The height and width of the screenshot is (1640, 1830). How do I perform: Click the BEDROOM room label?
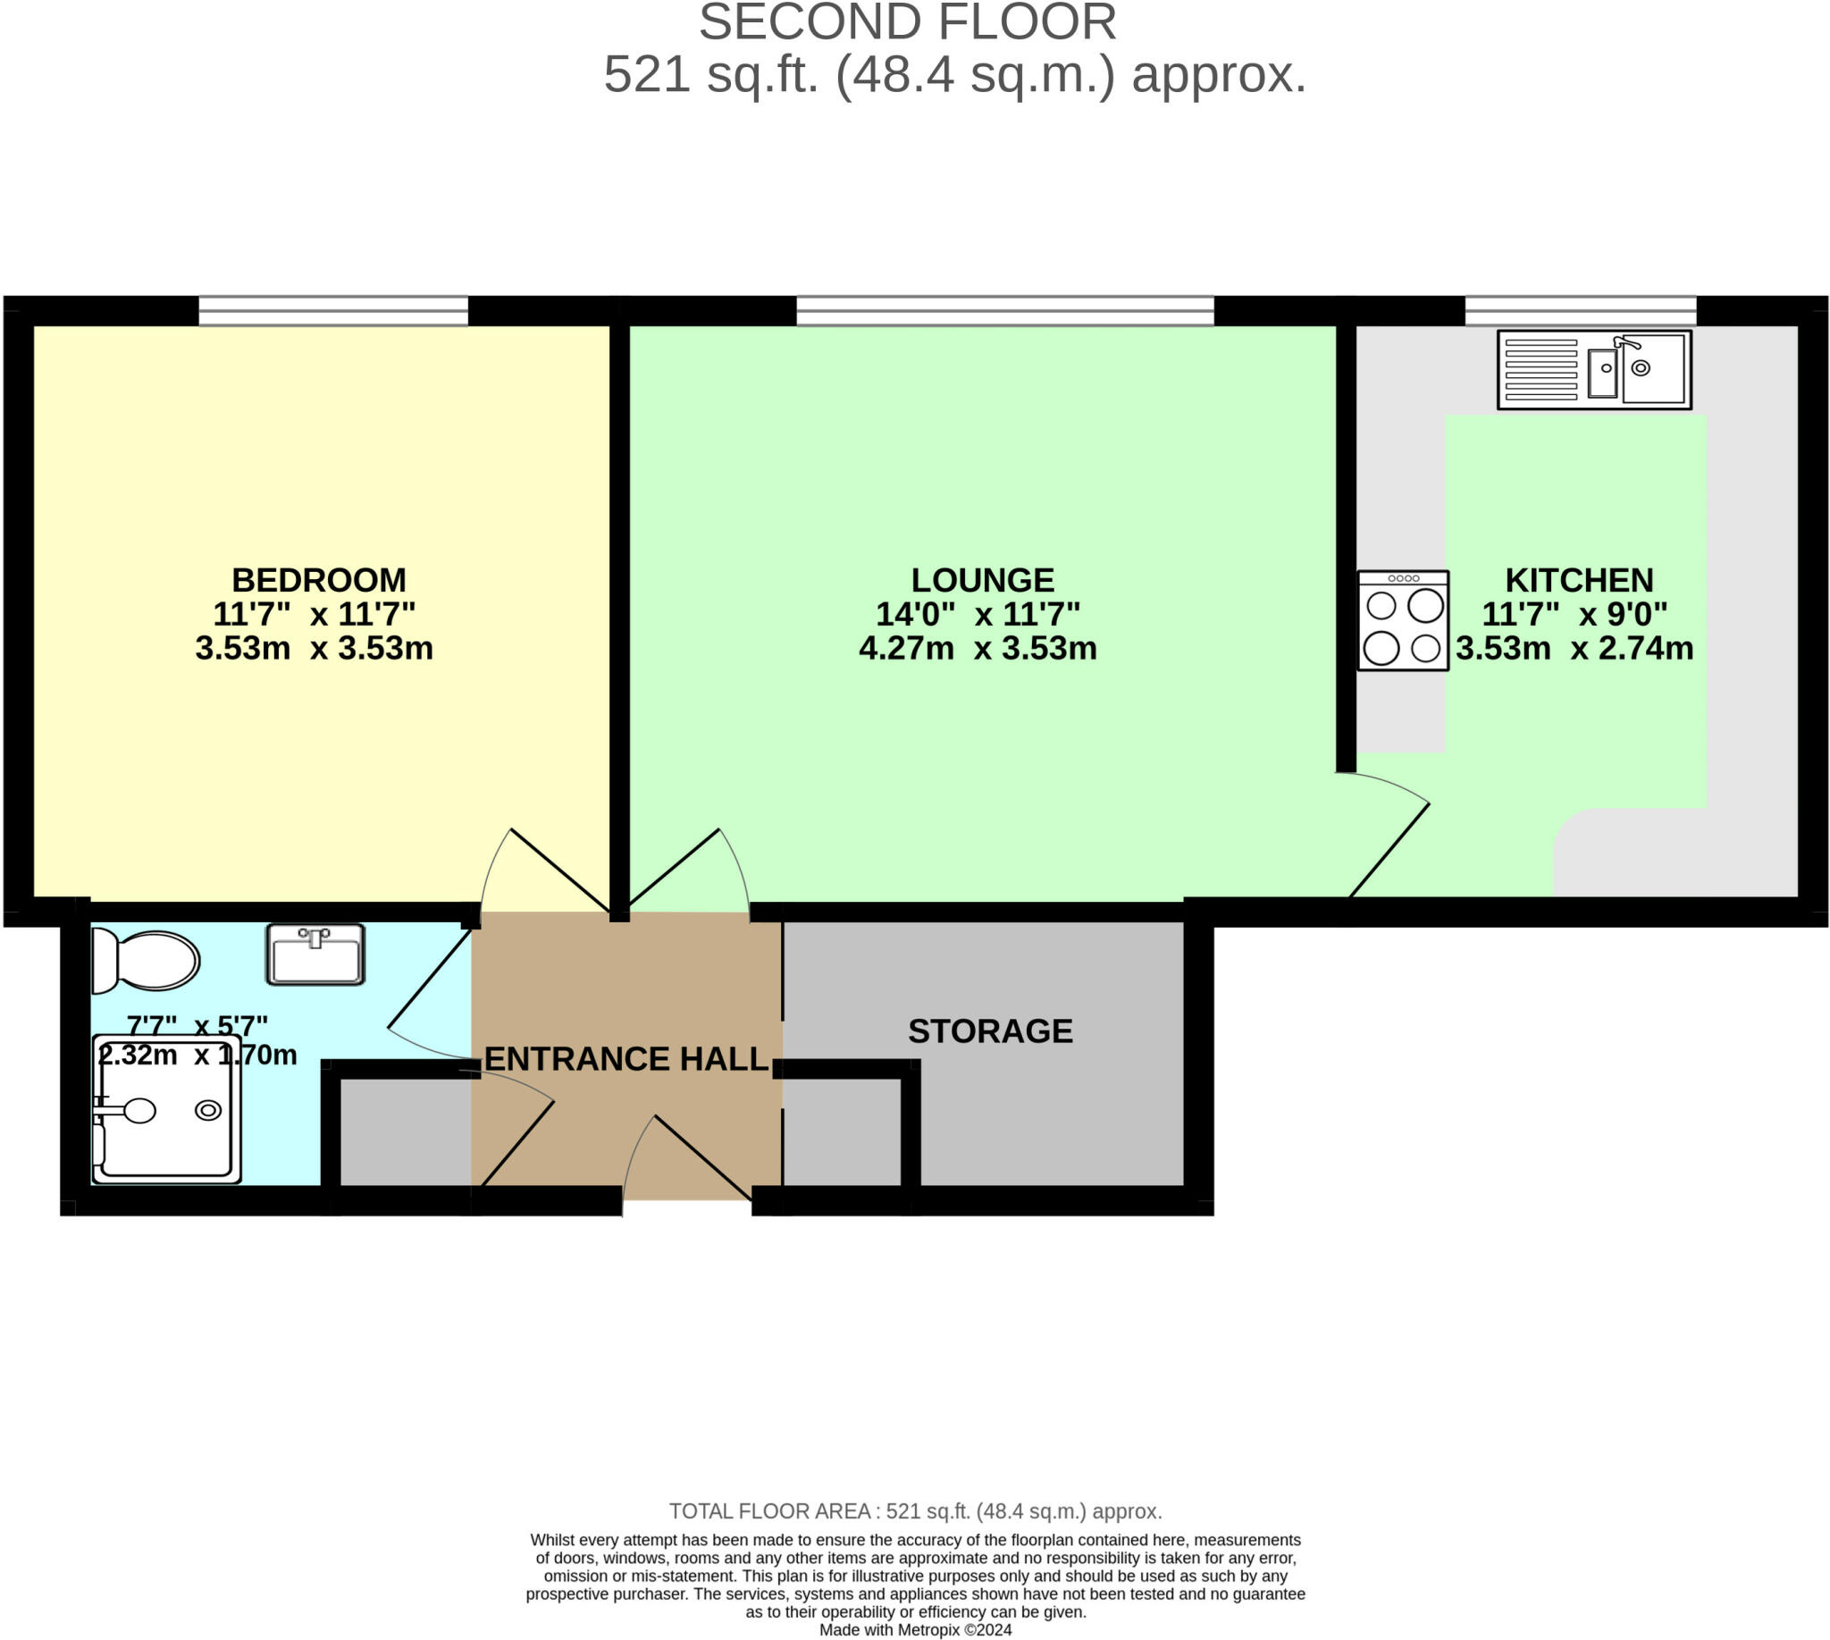click(319, 579)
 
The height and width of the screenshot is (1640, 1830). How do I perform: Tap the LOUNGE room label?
click(982, 579)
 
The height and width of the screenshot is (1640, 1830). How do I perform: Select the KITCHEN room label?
click(1579, 579)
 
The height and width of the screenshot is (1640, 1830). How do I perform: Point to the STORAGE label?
click(990, 1030)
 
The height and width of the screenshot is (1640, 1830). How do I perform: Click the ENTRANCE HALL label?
click(626, 1059)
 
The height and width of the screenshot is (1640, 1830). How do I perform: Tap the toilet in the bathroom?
click(146, 961)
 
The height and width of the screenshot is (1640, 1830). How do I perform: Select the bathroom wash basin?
click(315, 955)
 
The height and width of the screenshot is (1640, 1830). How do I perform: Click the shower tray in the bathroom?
click(167, 1109)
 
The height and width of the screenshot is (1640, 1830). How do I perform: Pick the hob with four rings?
click(1403, 621)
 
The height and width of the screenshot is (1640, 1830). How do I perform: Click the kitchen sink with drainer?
click(1594, 369)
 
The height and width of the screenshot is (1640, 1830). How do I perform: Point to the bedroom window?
click(333, 311)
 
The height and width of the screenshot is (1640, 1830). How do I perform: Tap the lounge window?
click(1005, 311)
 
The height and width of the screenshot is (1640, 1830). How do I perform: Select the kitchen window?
click(1581, 311)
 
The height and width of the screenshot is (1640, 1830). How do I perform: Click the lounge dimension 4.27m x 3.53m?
click(978, 649)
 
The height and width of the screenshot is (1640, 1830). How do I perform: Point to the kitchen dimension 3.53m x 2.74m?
click(1574, 649)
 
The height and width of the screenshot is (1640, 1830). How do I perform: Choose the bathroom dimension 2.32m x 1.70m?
click(197, 1055)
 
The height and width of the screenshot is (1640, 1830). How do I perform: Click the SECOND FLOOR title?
click(907, 22)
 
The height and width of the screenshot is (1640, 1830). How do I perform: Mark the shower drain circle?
click(208, 1110)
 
